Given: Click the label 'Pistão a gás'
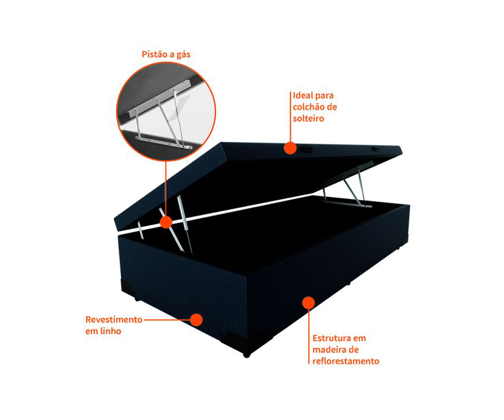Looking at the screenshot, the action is [x=166, y=55].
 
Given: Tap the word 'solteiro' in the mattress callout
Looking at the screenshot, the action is [x=308, y=118].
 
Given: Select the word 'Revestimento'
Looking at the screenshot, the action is [x=114, y=320].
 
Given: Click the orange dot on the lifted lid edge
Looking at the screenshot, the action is [x=290, y=148].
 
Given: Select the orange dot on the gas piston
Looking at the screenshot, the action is [x=166, y=222].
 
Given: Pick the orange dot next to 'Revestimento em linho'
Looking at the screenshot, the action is [x=196, y=320].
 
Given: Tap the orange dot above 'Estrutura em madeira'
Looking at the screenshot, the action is [x=308, y=303].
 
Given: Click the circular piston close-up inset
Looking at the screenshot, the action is [x=166, y=111].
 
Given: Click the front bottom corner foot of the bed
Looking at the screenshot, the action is [x=247, y=355].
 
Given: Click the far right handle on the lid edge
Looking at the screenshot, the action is [x=376, y=149].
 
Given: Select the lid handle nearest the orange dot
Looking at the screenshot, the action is [x=306, y=149].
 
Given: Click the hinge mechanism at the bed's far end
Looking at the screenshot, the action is [x=348, y=186].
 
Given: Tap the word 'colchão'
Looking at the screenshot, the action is [x=308, y=107].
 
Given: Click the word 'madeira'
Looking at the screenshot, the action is [x=329, y=349].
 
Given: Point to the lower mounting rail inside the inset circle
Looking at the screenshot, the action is [x=164, y=143].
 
